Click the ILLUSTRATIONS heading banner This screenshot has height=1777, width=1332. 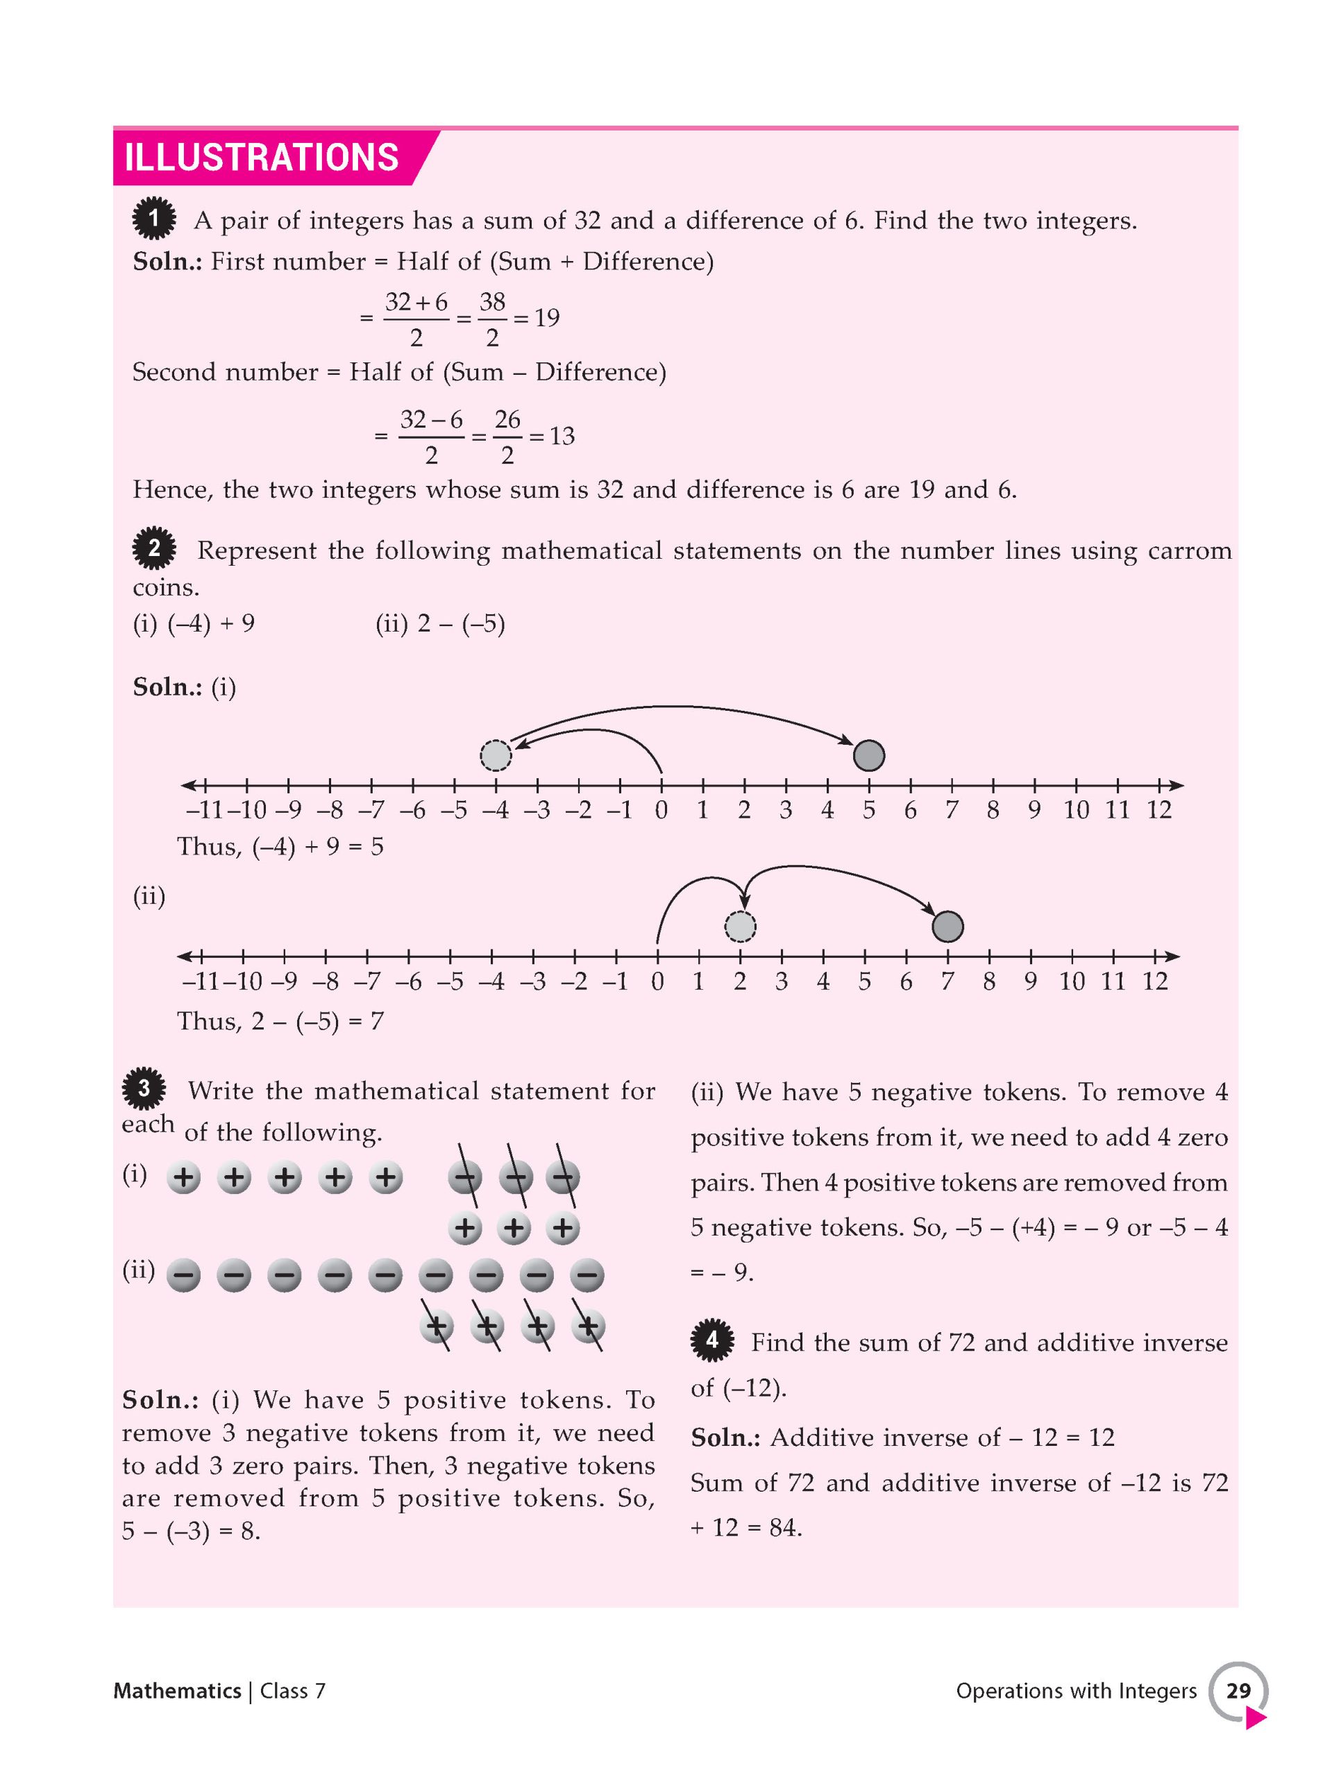click(262, 157)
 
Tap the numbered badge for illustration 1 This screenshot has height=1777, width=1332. click(153, 219)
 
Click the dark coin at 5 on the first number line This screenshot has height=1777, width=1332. click(868, 755)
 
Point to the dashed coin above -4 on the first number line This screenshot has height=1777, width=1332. click(496, 755)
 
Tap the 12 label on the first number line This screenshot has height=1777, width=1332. click(1158, 810)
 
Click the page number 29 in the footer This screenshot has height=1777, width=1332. click(1238, 1690)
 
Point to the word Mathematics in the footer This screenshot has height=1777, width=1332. click(177, 1691)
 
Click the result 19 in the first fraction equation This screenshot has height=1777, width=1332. click(547, 318)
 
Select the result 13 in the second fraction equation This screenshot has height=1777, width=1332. click(562, 436)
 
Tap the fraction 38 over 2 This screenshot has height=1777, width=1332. click(492, 319)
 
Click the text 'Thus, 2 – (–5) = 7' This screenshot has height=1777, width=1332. click(280, 1021)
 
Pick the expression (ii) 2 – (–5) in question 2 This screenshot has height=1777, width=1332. click(440, 624)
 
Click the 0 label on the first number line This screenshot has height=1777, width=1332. click(661, 810)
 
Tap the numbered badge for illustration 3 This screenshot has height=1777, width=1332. click(144, 1089)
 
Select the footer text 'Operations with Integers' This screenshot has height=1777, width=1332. click(1076, 1691)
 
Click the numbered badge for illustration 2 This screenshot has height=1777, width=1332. click(153, 548)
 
